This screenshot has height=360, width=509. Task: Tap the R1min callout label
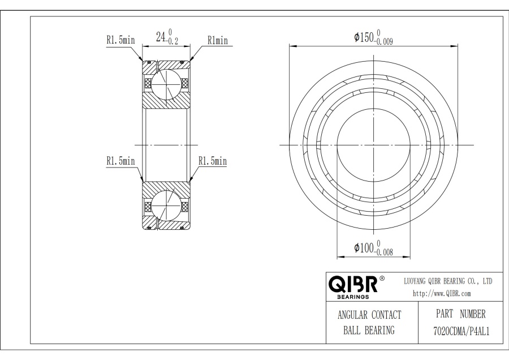pyautogui.click(x=218, y=40)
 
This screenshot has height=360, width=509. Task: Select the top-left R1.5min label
pyautogui.click(x=120, y=40)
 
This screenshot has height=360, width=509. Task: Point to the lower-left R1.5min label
pyautogui.click(x=120, y=161)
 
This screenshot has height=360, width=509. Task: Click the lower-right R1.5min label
pyautogui.click(x=213, y=161)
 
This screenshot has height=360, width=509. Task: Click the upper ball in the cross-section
pyautogui.click(x=166, y=84)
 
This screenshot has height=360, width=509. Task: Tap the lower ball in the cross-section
pyautogui.click(x=166, y=205)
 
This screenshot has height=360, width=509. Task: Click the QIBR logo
pyautogui.click(x=353, y=284)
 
